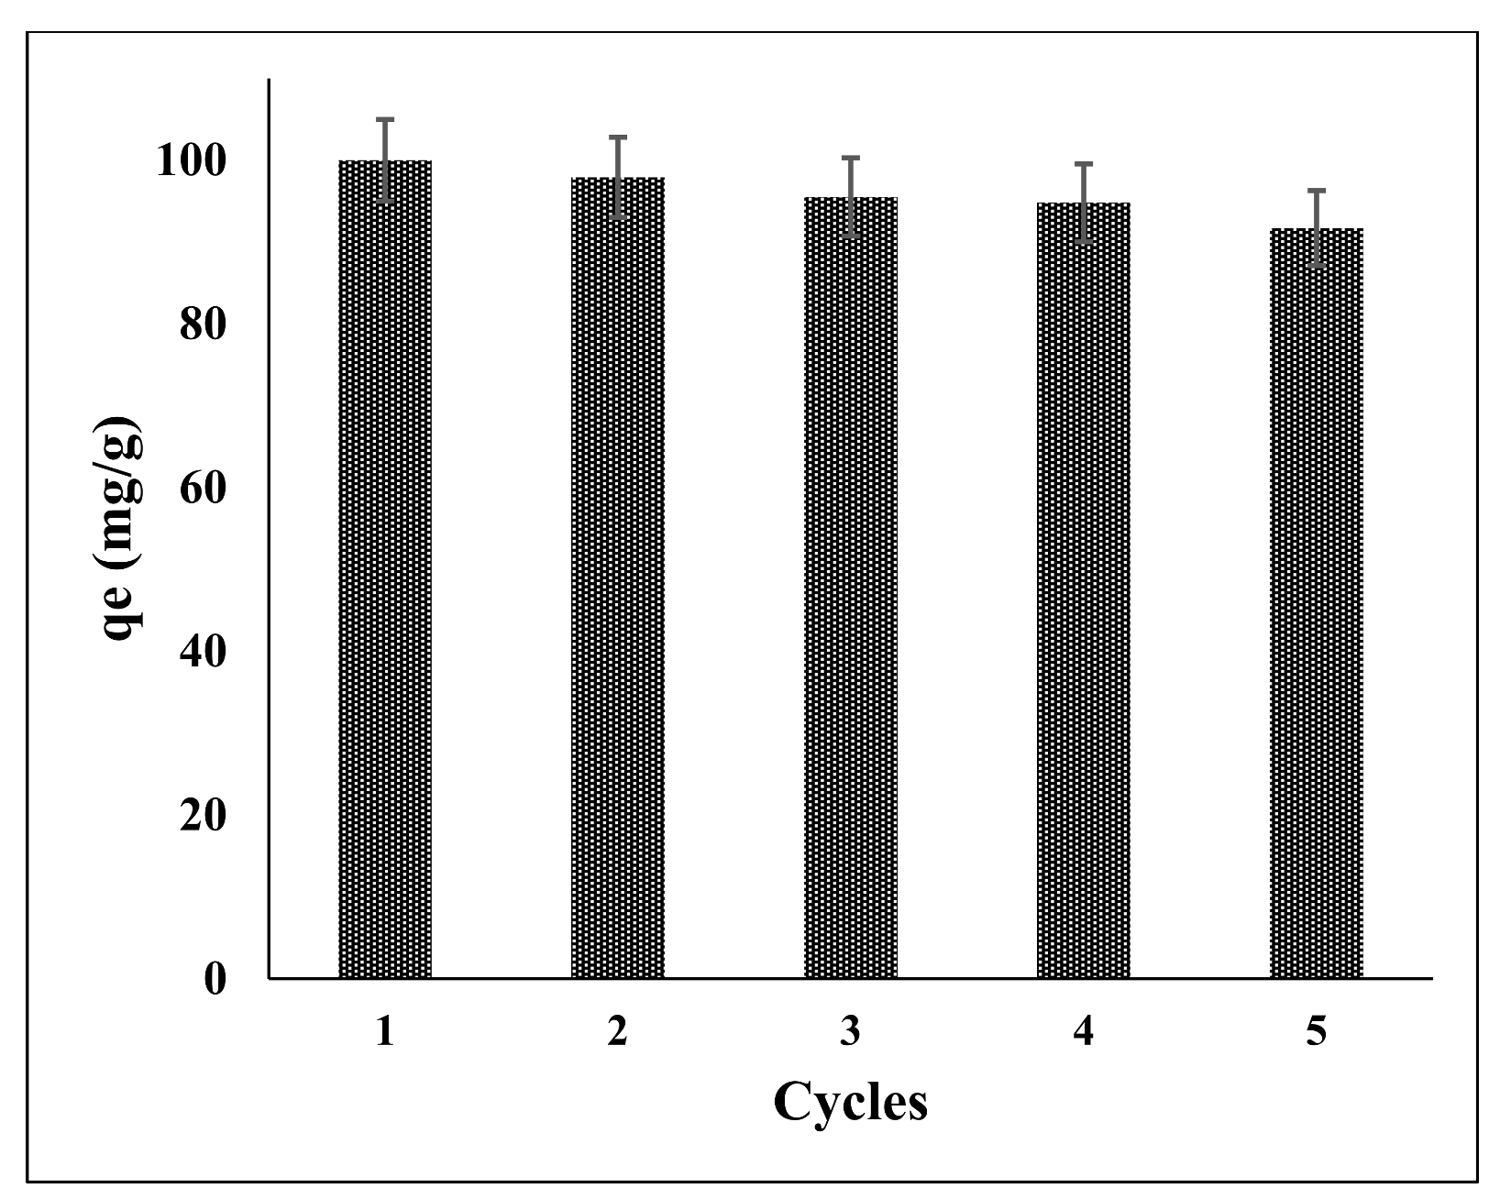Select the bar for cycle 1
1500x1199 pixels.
385,568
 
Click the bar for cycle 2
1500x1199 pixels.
618,577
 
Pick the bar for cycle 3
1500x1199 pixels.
851,587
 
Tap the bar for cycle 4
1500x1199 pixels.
1084,590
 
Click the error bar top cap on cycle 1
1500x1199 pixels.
385,119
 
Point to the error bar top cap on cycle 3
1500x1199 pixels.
851,158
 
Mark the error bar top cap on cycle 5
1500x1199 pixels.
1317,190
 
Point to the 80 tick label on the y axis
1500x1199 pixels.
203,324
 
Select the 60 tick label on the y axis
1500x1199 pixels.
203,489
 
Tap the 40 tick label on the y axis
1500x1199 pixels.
203,652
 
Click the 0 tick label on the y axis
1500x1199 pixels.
215,980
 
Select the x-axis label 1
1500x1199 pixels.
385,1033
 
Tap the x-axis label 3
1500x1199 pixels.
851,1033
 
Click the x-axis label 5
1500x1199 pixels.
1317,1033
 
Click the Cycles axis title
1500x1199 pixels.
850,1104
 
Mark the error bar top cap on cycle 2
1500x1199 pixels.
618,137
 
